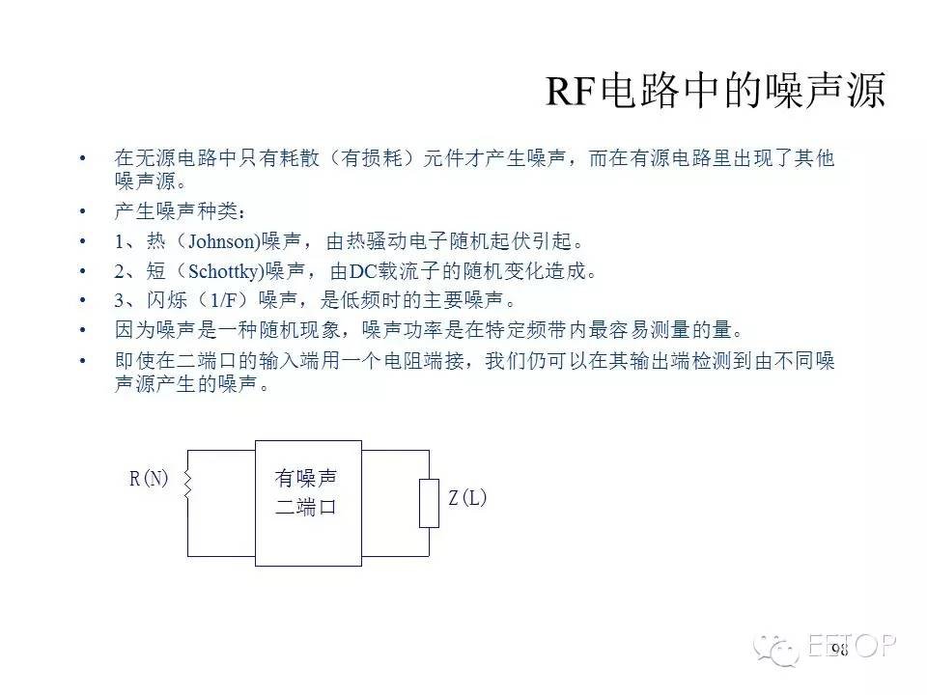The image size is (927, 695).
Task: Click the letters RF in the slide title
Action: [570, 91]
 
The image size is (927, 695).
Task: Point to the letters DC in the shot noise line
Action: [363, 271]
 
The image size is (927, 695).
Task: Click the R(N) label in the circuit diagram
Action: [149, 478]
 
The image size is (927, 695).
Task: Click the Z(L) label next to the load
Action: [467, 498]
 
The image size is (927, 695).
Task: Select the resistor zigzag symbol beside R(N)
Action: [188, 485]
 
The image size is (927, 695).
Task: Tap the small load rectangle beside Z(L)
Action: [429, 503]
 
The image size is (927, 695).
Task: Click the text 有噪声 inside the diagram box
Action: [306, 478]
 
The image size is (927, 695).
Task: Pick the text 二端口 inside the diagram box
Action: [306, 507]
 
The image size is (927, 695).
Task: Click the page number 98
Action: [839, 650]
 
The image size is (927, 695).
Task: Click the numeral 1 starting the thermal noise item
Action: [119, 241]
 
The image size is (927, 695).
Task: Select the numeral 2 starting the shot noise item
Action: [120, 272]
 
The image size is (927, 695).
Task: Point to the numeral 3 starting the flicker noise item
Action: [120, 301]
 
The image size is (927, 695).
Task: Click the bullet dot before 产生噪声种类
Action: [82, 211]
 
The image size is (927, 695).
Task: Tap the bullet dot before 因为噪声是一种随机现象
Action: [82, 330]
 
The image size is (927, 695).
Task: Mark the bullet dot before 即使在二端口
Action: [82, 360]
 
